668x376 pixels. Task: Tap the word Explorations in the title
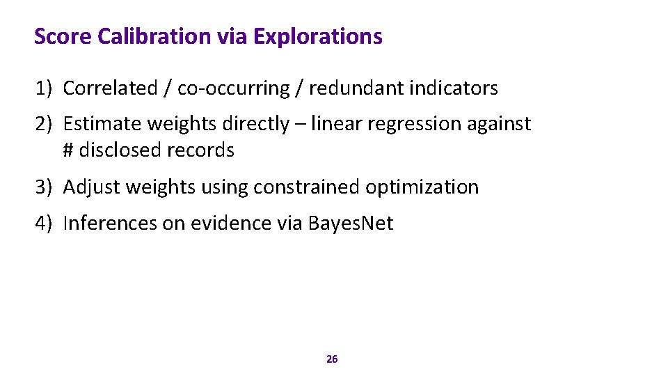pyautogui.click(x=318, y=36)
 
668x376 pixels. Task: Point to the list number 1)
pyautogui.click(x=45, y=88)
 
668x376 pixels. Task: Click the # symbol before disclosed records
pyautogui.click(x=68, y=150)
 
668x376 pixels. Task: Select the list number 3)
pyautogui.click(x=45, y=187)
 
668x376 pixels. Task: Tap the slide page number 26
pyautogui.click(x=332, y=359)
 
